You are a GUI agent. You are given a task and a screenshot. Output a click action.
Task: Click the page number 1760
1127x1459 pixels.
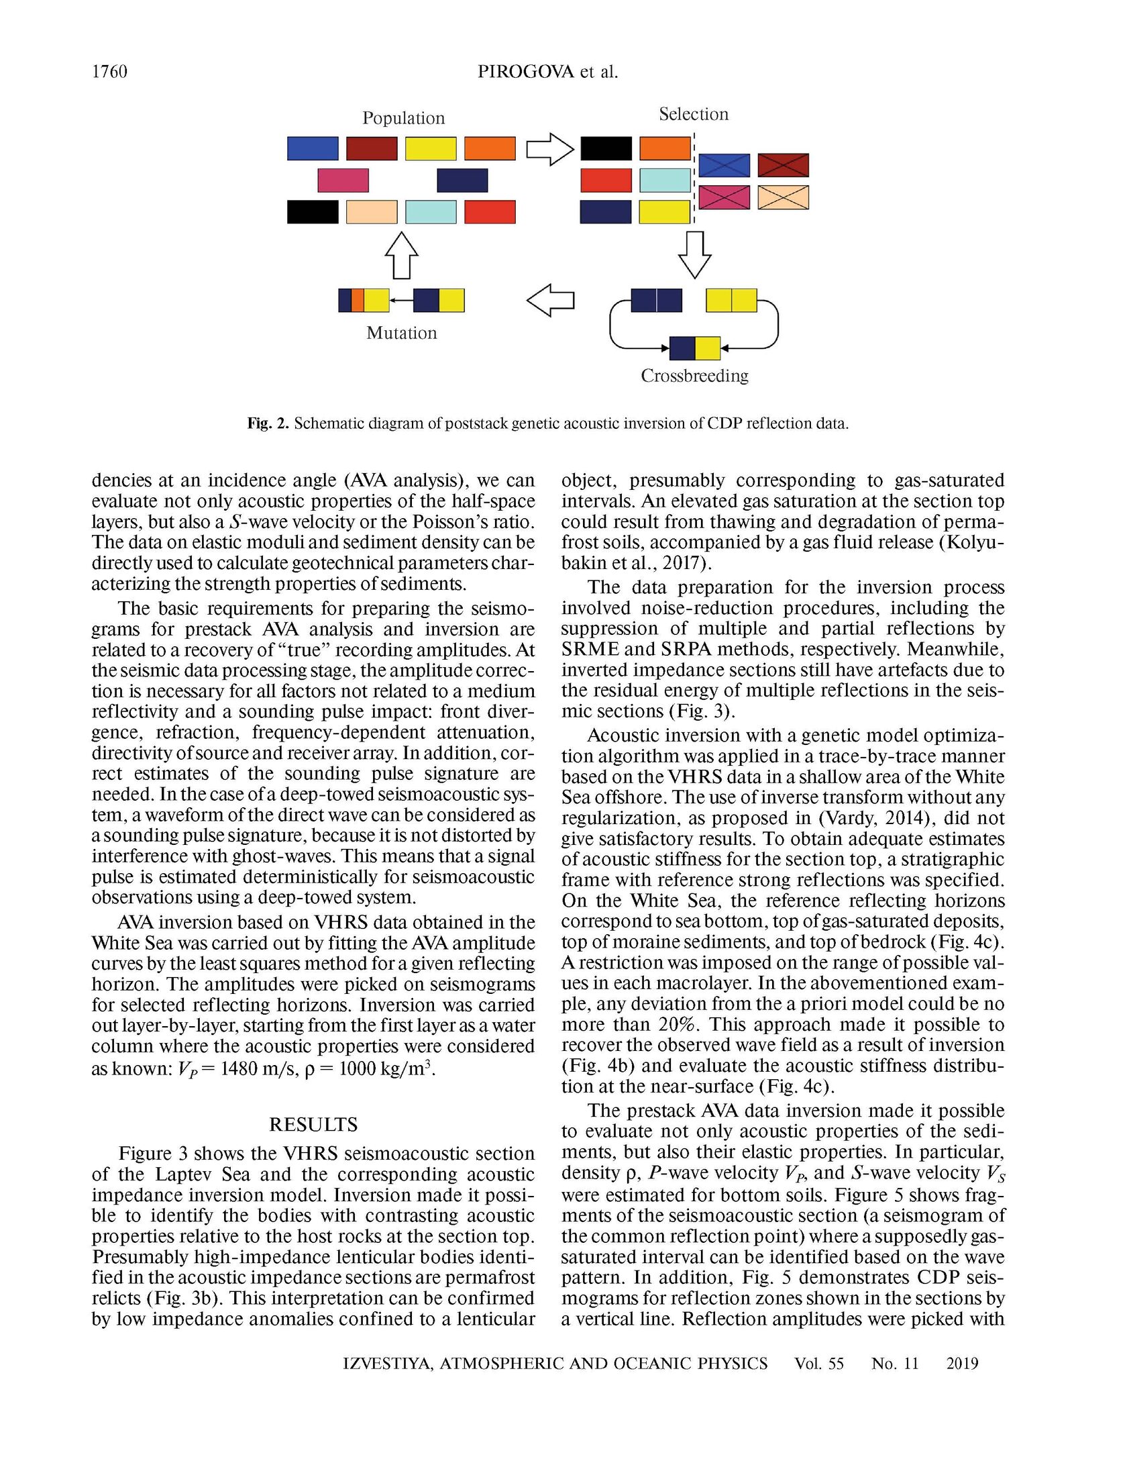tap(109, 72)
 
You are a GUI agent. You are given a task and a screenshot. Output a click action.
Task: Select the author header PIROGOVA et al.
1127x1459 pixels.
tap(547, 72)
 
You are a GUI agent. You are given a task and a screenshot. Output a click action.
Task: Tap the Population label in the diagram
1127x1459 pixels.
tap(403, 118)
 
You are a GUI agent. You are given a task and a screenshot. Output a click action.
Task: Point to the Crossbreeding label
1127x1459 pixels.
tap(694, 376)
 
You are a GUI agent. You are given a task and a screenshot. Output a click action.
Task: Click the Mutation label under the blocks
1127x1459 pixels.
tap(401, 333)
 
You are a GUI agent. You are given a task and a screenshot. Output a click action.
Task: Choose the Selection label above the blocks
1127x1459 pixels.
tap(694, 114)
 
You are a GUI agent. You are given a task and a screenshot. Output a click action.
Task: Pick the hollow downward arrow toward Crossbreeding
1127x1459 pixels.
tap(694, 254)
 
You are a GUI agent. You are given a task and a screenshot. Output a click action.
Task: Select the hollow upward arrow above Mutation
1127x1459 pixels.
tap(401, 255)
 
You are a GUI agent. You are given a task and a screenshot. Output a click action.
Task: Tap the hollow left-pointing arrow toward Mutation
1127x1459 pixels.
tap(551, 300)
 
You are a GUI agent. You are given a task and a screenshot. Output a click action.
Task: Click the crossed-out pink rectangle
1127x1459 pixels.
tap(724, 197)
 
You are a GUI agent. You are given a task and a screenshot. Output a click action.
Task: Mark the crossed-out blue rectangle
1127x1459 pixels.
tap(724, 165)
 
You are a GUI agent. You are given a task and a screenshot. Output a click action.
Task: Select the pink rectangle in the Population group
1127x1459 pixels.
tap(343, 181)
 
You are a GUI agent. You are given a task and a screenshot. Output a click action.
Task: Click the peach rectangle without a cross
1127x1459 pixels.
tap(372, 212)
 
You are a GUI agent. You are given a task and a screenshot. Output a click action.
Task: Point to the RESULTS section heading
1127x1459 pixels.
tap(313, 1124)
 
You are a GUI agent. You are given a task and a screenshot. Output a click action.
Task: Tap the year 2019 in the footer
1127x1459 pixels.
tap(962, 1363)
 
